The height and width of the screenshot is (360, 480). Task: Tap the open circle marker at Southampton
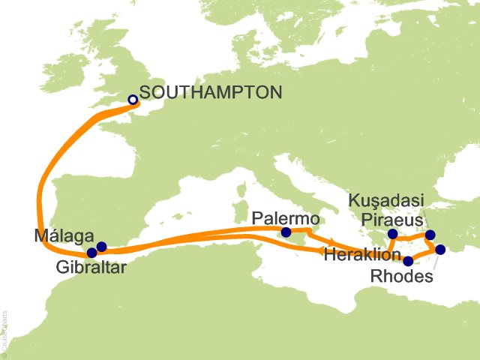(133, 99)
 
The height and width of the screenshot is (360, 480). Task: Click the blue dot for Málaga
(101, 247)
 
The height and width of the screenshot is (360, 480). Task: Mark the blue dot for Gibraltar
(91, 253)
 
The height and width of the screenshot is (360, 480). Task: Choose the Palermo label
(286, 218)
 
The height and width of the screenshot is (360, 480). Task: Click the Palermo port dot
(285, 233)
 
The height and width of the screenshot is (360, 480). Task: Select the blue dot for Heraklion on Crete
(407, 262)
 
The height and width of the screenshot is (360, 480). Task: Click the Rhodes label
(402, 277)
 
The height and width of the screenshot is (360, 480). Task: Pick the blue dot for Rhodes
(440, 249)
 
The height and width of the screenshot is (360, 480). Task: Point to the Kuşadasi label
(387, 200)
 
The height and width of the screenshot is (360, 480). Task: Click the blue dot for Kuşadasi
(430, 235)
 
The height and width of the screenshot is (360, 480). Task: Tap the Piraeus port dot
(392, 233)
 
